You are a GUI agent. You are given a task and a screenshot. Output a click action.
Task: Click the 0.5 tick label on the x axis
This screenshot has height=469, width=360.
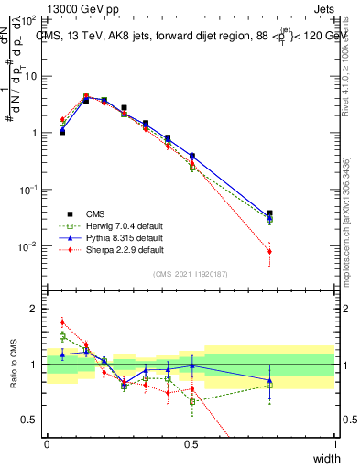[191, 444]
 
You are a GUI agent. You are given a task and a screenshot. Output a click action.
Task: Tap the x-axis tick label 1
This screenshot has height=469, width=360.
[335, 444]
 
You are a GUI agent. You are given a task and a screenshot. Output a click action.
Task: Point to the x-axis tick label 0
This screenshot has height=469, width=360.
[48, 444]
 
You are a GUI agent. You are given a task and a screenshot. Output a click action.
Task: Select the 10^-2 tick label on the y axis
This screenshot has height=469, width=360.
[28, 246]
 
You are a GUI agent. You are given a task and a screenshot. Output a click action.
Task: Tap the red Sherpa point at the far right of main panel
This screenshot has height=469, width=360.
[269, 251]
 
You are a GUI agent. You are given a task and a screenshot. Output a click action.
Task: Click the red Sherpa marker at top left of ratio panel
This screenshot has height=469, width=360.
[62, 322]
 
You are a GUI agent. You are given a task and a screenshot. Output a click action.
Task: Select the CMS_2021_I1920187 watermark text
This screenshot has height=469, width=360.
[191, 273]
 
